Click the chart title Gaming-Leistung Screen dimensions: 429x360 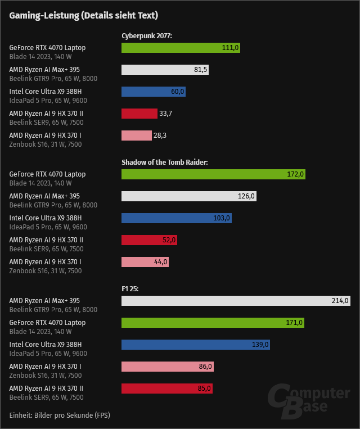[83, 15]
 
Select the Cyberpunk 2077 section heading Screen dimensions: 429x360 [147, 36]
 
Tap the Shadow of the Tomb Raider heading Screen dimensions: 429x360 [165, 162]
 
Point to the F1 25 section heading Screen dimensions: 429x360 [130, 289]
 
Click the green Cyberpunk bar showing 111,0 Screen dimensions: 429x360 [181, 48]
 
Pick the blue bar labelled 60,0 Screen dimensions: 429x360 [154, 92]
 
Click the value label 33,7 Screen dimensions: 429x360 [165, 114]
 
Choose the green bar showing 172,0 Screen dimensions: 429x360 [213, 174]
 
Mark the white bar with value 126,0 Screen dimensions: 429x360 [189, 196]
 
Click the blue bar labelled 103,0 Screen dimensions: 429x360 [177, 218]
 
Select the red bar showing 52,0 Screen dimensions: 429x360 [150, 240]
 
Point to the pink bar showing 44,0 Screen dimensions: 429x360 [145, 262]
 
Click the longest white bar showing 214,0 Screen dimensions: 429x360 [236, 301]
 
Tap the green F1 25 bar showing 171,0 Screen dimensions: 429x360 [213, 323]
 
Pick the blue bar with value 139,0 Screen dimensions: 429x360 [196, 345]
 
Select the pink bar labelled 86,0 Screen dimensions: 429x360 [168, 367]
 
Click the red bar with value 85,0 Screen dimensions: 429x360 [167, 389]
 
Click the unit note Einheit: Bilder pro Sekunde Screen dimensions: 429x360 [60, 416]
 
